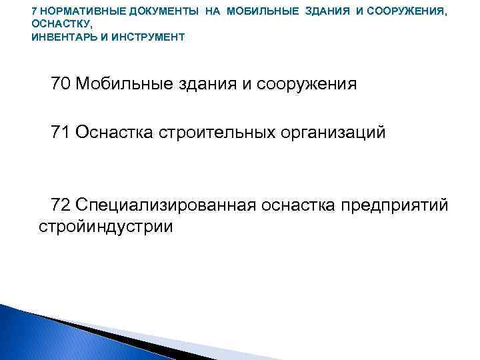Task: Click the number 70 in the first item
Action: click(61, 84)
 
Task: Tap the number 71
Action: click(61, 132)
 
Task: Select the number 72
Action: click(61, 203)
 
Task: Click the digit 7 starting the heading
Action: click(35, 11)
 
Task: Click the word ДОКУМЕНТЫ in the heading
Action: click(150, 11)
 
